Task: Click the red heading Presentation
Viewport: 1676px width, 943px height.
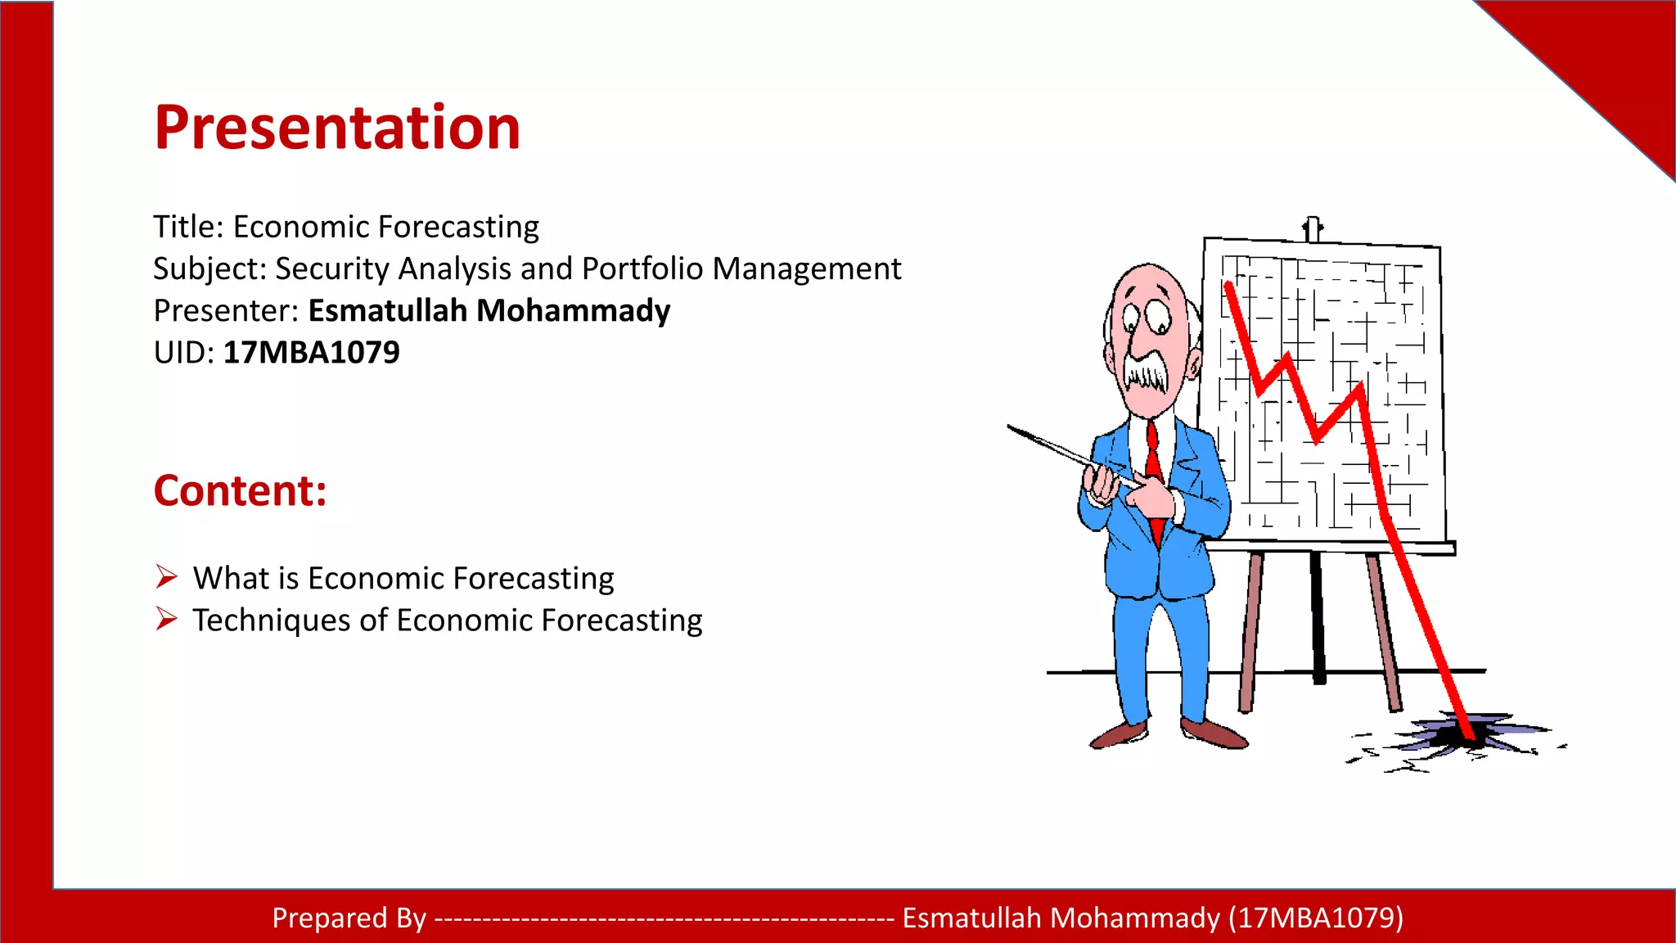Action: (x=337, y=129)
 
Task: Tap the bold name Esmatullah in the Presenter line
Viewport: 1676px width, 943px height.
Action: (x=388, y=311)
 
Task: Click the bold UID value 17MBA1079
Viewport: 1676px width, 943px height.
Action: (x=311, y=353)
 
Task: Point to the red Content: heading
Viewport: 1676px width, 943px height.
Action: (x=240, y=491)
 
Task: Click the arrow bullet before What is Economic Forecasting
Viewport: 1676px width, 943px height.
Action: (x=166, y=577)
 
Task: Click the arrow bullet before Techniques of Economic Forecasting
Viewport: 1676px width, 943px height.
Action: (x=166, y=619)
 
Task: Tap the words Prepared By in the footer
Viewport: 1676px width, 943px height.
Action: (x=349, y=918)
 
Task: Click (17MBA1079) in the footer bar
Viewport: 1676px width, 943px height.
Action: (x=1316, y=918)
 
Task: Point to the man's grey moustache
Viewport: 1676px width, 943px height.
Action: (x=1146, y=372)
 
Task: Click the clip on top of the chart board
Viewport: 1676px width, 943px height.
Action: (x=1312, y=228)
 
